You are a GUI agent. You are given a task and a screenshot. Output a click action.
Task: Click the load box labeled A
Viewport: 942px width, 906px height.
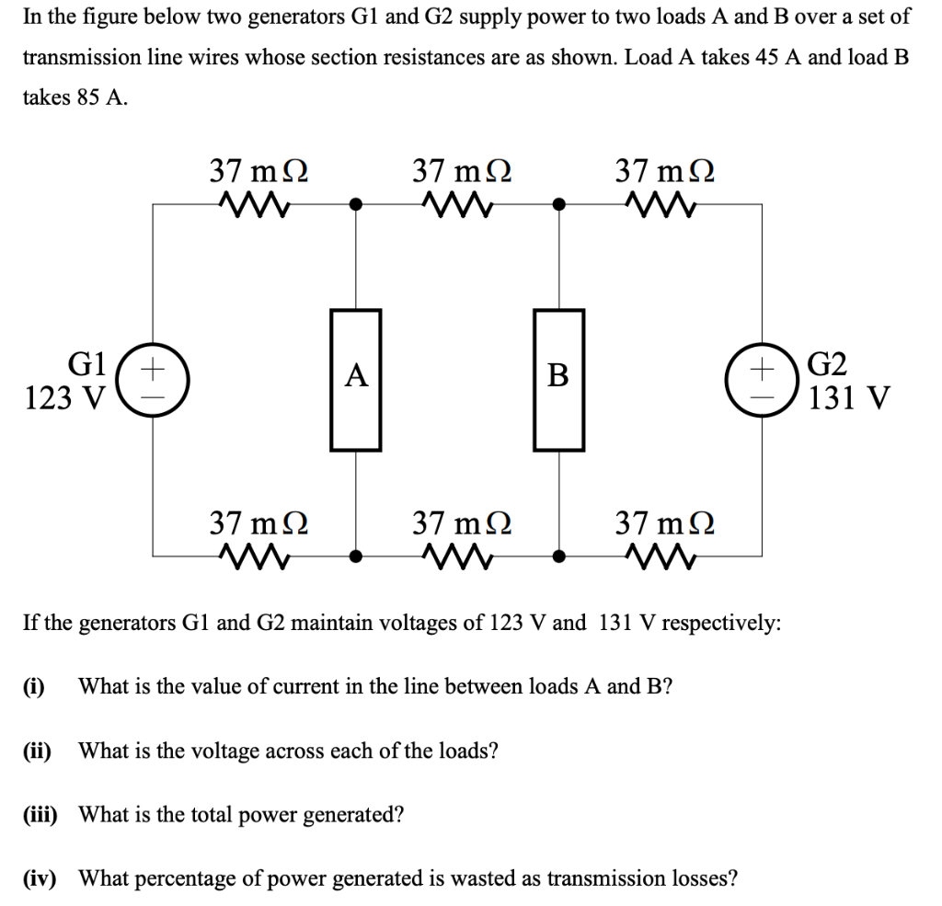(356, 380)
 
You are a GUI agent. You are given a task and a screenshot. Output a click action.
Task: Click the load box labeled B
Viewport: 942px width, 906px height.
(558, 380)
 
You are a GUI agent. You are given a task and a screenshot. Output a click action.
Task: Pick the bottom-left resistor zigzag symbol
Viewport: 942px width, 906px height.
(255, 556)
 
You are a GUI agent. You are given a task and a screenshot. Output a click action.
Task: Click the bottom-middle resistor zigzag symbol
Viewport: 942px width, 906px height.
(457, 556)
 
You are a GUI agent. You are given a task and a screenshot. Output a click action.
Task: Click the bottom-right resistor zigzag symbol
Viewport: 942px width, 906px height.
(660, 556)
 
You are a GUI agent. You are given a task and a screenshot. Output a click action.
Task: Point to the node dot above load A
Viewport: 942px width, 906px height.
(356, 204)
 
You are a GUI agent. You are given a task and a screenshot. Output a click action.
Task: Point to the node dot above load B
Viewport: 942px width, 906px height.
(558, 204)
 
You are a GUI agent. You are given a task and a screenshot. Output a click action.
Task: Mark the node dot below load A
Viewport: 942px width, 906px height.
(356, 556)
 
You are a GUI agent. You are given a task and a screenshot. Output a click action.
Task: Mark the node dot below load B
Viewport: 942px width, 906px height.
(558, 556)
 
